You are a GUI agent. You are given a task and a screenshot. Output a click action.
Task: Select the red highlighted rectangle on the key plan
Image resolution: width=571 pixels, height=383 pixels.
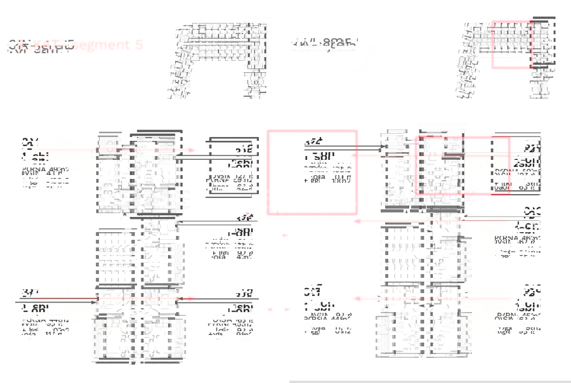[512, 44]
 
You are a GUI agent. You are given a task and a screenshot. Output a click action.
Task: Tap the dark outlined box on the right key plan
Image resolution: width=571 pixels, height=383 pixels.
[544, 41]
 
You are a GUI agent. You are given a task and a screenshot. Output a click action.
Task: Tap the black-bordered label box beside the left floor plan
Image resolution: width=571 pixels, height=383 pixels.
[233, 166]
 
